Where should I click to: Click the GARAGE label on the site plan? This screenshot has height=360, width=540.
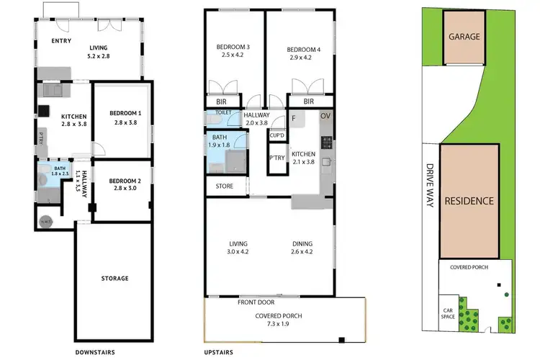tap(464, 36)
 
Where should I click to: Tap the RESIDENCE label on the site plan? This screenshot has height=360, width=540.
tap(468, 201)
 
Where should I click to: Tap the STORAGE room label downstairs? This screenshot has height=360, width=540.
tap(115, 278)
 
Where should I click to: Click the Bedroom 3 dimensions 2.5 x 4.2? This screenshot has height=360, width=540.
tap(231, 55)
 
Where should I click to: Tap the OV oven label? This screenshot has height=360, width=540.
tap(325, 116)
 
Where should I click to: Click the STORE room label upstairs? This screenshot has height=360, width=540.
tap(224, 186)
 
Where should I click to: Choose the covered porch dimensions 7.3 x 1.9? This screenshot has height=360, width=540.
tap(276, 324)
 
